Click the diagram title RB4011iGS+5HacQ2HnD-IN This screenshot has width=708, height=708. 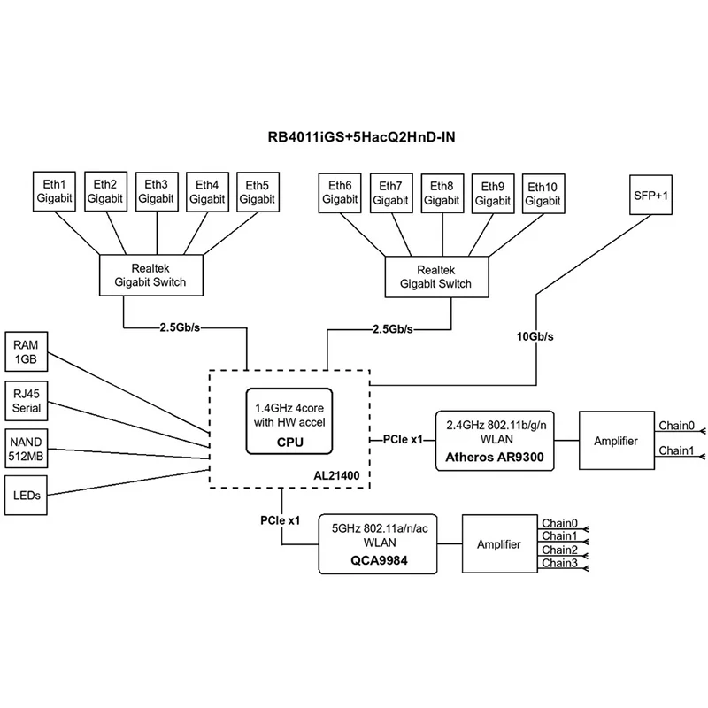point(355,137)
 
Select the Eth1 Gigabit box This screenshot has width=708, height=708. point(55,192)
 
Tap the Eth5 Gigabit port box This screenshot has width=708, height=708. point(258,192)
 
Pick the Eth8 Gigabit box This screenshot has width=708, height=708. point(442,193)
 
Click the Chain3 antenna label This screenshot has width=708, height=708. point(559,563)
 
